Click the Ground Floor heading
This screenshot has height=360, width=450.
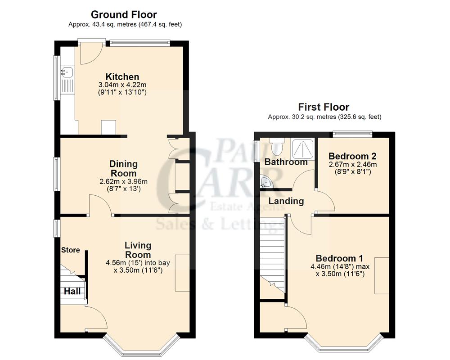(124, 15)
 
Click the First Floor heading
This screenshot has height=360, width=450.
(324, 107)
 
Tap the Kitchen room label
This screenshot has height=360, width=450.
(122, 76)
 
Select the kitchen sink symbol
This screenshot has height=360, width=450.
(67, 72)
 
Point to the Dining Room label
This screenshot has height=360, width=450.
(123, 168)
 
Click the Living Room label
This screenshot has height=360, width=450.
(138, 250)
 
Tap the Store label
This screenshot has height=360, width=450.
(70, 250)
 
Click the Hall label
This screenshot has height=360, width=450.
(72, 292)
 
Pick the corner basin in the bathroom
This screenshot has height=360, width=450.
(265, 183)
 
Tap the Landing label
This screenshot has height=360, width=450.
(286, 201)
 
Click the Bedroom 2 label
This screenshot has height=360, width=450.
(352, 156)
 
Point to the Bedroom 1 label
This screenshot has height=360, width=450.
(339, 258)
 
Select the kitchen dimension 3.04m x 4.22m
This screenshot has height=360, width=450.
(122, 85)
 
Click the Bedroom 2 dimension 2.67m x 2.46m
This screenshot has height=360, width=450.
(352, 164)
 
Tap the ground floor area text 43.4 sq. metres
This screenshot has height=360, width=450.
(125, 24)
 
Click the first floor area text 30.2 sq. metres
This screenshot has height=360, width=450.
(324, 117)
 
